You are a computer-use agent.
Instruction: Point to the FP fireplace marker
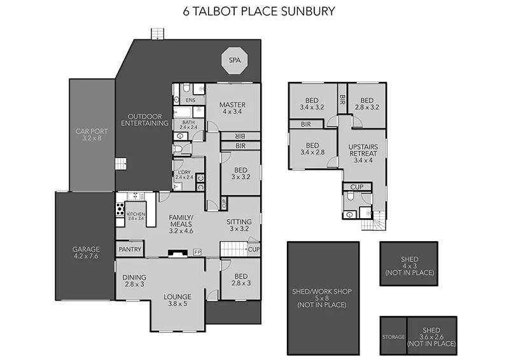[197, 253]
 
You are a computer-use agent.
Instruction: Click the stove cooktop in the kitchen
[119, 210]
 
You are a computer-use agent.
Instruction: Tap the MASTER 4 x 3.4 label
[232, 108]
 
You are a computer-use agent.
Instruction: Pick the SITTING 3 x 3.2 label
[239, 225]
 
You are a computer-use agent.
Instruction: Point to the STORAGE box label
[393, 336]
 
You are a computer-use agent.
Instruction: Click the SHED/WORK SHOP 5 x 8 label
[323, 298]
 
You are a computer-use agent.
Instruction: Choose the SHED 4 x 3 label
[409, 266]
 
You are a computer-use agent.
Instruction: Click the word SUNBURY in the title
[308, 11]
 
